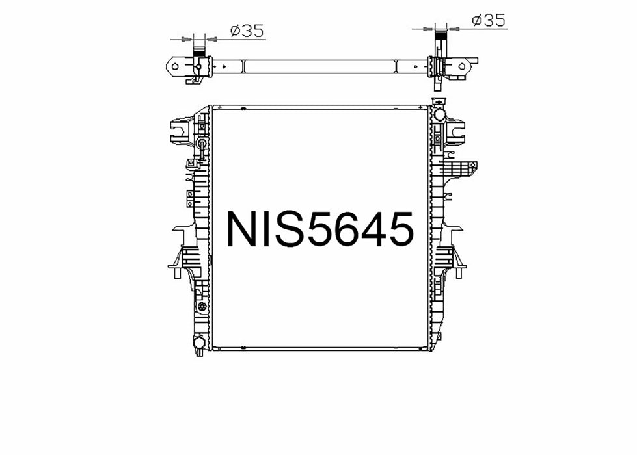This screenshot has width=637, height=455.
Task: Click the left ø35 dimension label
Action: [247, 31]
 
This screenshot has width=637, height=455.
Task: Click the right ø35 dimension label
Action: [489, 20]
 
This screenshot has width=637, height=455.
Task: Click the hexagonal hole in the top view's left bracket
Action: [175, 66]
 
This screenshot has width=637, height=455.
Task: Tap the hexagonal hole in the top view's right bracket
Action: [462, 66]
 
